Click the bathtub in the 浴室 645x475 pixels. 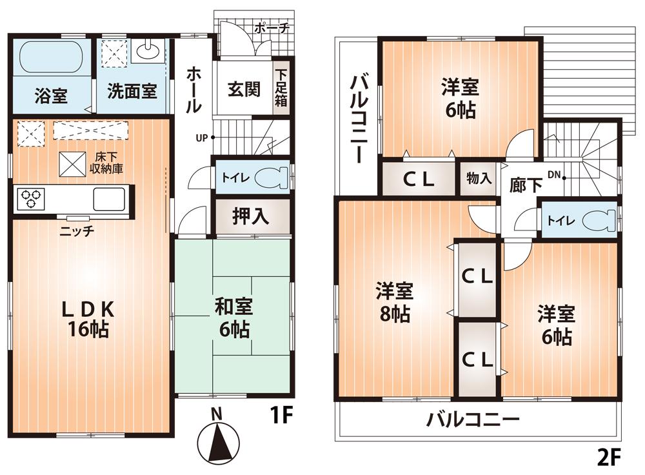coord(50,59)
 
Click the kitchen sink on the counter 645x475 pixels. coord(112,199)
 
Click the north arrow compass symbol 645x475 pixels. coord(217,441)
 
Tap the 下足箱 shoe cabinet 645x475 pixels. coord(281,90)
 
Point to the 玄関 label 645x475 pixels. coord(243,89)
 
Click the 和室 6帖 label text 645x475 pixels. coord(233,318)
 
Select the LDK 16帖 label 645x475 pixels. coord(88,319)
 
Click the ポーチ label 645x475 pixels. coord(271,28)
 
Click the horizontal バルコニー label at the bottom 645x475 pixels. coord(473,420)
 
